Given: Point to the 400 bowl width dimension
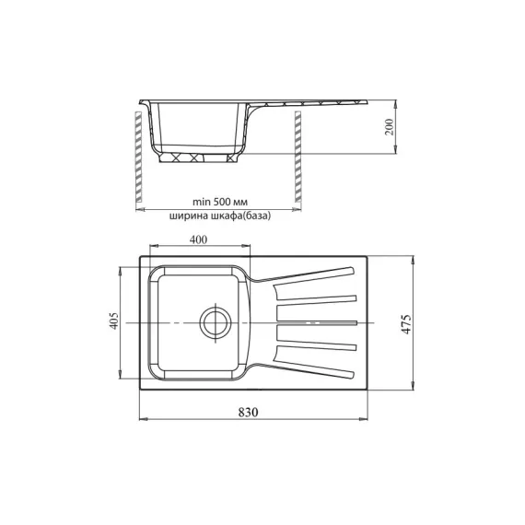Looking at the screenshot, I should pos(197,239).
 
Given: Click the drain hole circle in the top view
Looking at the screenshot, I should pos(215,322).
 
